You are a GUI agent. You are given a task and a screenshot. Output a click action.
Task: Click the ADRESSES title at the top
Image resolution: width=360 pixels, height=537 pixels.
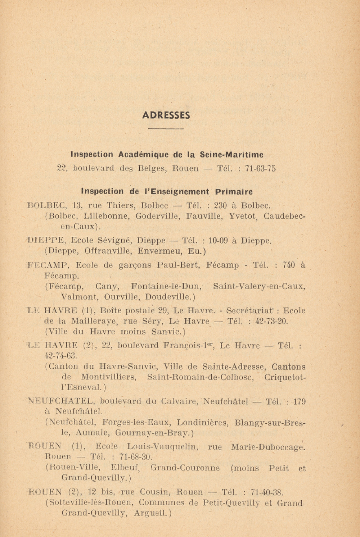point(166,115)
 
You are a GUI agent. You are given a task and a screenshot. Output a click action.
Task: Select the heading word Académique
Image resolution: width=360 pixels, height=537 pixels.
point(143,155)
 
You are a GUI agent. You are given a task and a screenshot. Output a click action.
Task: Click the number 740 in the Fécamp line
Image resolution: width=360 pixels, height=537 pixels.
point(289,265)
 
